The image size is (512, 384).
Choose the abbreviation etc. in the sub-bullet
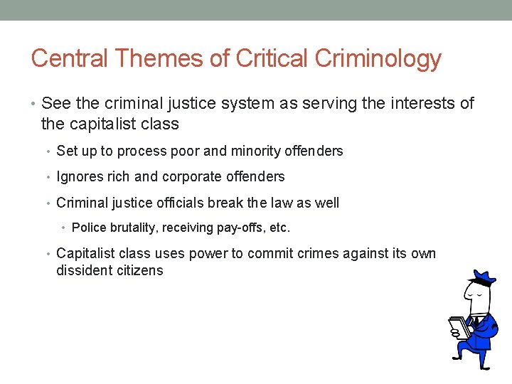click(x=279, y=228)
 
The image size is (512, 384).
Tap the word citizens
click(x=139, y=270)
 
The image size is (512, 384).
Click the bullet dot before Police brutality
click(x=64, y=228)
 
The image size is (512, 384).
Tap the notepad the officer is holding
click(x=459, y=328)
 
